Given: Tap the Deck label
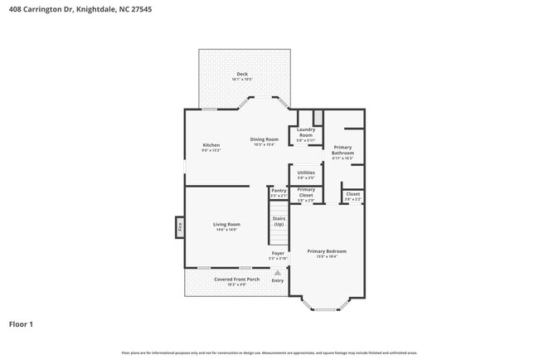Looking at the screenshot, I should (242, 74).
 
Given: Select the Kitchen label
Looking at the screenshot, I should (211, 145).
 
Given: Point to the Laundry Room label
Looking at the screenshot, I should (306, 132).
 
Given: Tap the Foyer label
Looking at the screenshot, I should (278, 253).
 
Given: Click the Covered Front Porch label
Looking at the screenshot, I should (237, 279).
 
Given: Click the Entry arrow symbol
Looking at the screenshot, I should (278, 272).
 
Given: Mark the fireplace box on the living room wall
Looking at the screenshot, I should (179, 226).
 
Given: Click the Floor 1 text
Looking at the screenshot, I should (22, 324).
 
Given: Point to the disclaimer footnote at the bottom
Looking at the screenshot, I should (269, 352).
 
